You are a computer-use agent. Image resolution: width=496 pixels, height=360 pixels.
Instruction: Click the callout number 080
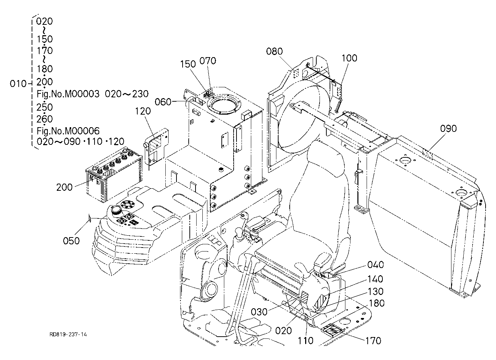tap(274, 51)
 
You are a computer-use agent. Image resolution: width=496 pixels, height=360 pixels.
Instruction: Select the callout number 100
tap(349, 58)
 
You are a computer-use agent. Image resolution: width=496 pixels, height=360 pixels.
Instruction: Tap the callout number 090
tap(448, 129)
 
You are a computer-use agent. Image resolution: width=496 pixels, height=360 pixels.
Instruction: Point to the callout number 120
tap(143, 111)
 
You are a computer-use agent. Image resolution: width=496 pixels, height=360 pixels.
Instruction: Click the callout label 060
tap(163, 102)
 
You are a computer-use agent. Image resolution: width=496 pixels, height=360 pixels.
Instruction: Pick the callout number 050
tap(71, 241)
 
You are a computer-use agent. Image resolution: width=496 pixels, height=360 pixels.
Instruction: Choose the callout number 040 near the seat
tap(376, 265)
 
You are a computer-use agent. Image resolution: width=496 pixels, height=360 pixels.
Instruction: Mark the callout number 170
tap(373, 341)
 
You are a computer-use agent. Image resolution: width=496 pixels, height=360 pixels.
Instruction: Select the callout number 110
tap(306, 341)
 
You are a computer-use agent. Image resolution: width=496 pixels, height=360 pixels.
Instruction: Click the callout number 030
tap(259, 312)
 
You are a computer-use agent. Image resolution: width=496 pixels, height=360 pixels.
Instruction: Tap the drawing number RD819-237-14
tap(68, 334)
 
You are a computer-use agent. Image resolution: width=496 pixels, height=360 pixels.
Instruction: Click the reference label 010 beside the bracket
tap(18, 84)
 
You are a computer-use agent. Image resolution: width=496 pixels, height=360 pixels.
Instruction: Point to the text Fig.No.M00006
tap(68, 131)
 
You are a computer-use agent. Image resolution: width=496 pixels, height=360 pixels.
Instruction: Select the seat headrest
tap(326, 159)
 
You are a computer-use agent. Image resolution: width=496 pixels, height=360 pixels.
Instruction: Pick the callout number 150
tap(188, 64)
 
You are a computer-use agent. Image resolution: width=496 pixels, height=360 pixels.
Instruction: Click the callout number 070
tap(208, 61)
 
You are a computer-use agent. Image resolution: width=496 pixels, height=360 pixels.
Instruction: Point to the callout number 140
tap(375, 280)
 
